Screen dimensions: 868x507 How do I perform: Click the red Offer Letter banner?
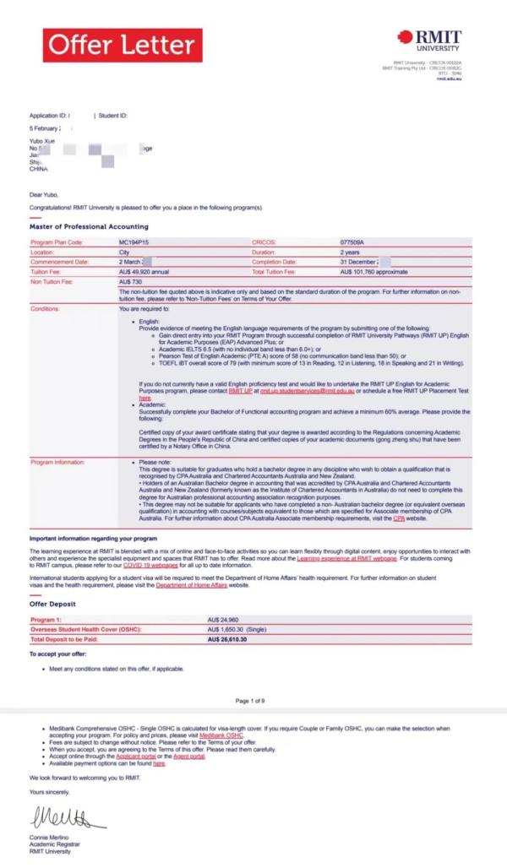click(x=123, y=46)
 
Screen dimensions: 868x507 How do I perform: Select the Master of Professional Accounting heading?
click(x=89, y=226)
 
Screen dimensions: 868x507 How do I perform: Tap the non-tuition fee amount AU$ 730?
click(x=131, y=281)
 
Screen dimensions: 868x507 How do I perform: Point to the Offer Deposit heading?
click(x=53, y=604)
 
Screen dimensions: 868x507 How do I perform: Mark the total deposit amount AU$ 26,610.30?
click(x=227, y=639)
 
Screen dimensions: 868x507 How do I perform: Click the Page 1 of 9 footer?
click(x=251, y=701)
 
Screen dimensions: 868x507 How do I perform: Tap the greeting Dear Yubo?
click(x=45, y=194)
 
